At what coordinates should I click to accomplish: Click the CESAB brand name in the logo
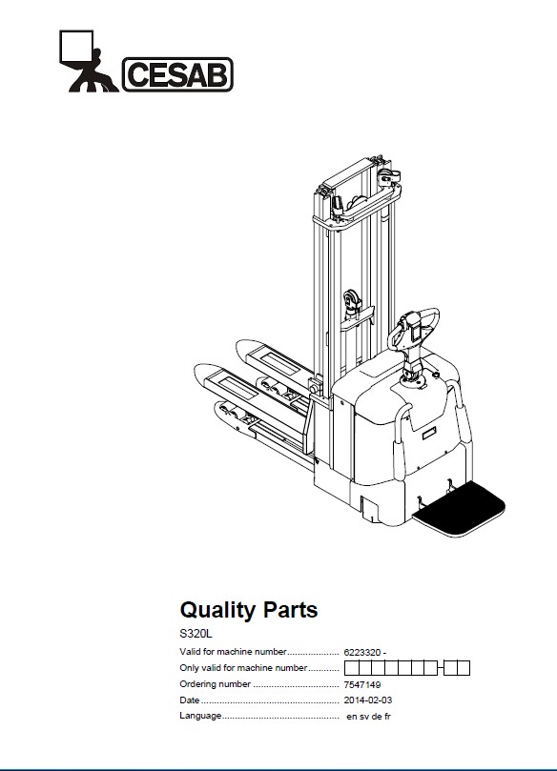177,74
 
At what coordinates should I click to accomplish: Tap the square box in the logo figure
76,47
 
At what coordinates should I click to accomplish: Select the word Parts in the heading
291,610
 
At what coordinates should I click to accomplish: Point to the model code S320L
196,635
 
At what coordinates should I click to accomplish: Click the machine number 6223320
362,653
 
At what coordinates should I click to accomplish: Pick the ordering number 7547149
362,684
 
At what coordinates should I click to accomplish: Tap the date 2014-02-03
368,700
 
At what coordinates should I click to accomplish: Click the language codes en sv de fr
368,717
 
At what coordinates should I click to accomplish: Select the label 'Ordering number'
215,684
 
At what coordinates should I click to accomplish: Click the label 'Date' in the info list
190,700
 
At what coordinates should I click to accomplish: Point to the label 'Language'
200,716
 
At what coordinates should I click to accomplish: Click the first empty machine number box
351,668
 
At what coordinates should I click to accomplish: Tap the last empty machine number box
464,668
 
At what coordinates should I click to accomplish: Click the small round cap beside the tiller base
436,375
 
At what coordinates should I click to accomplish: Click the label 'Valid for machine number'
233,652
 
